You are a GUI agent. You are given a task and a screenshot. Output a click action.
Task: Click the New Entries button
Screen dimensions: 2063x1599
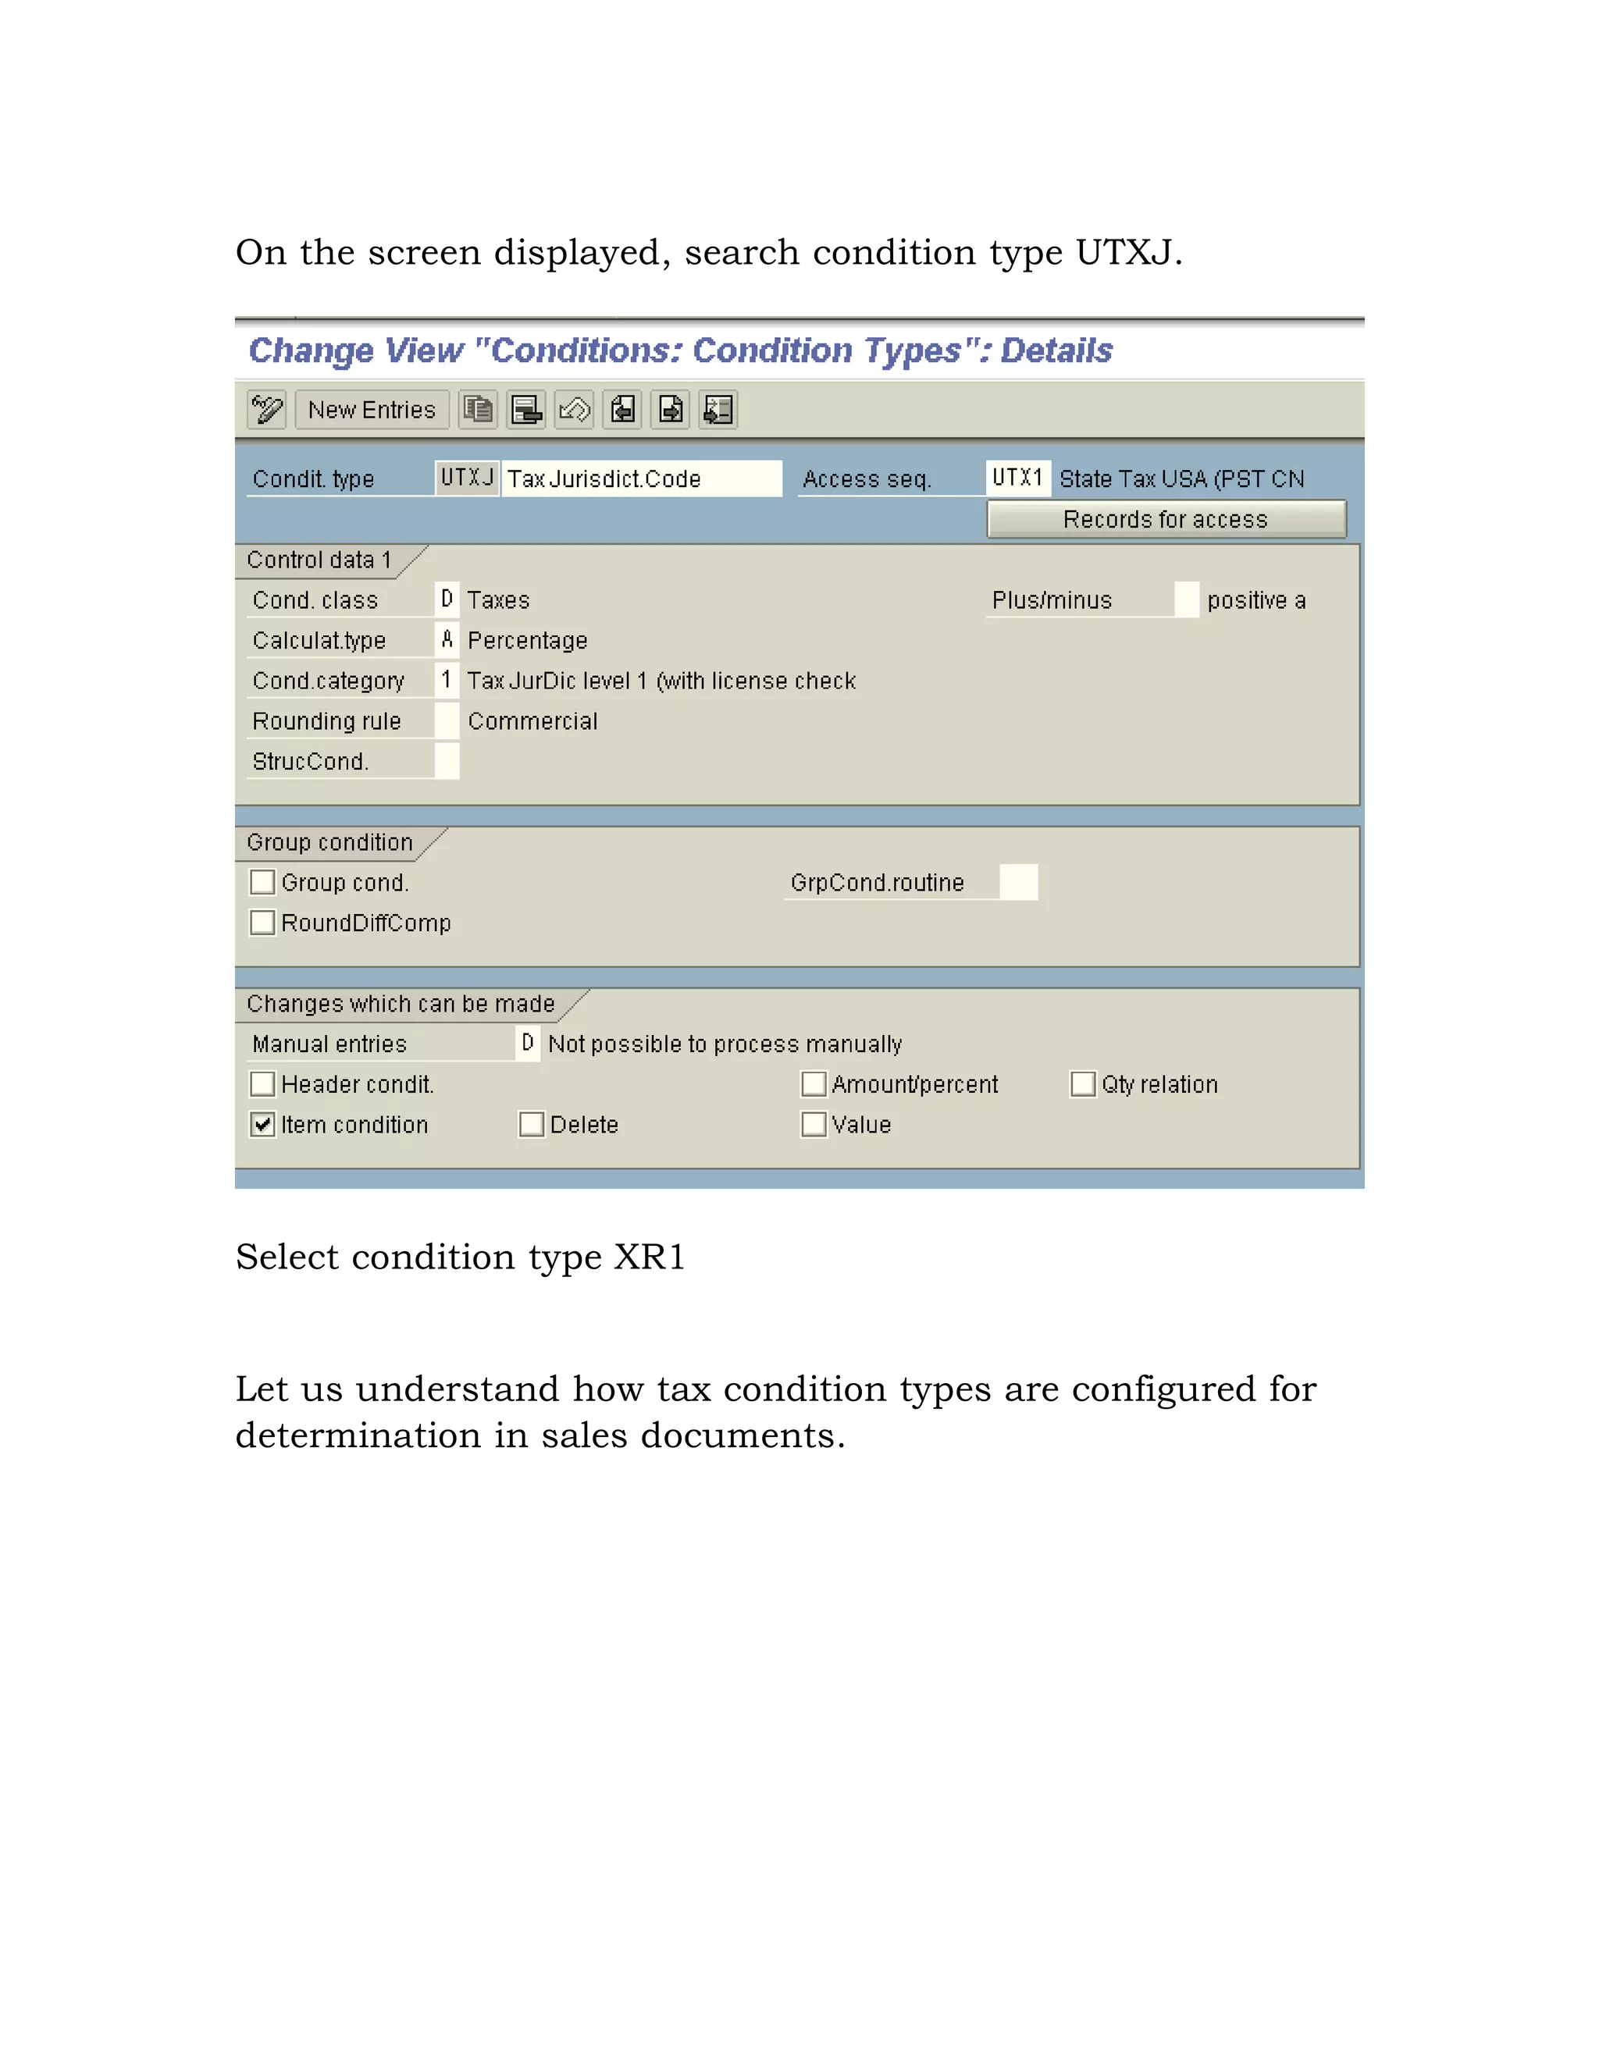coord(372,410)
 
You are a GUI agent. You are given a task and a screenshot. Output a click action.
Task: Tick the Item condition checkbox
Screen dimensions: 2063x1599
coord(262,1124)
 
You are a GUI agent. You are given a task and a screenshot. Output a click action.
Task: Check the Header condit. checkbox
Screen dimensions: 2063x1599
coord(262,1083)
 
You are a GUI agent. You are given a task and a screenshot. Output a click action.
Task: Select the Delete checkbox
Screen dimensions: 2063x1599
coord(532,1124)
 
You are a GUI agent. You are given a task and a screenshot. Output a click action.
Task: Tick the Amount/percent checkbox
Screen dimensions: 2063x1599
coord(814,1083)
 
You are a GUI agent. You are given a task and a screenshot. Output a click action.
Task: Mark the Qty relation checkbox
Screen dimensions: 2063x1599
coord(1083,1083)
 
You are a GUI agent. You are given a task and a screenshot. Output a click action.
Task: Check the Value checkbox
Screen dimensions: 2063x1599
coord(814,1124)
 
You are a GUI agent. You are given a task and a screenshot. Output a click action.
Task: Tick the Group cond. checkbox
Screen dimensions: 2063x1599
coord(262,882)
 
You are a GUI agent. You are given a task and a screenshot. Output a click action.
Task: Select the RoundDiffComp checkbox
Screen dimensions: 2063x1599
coord(262,923)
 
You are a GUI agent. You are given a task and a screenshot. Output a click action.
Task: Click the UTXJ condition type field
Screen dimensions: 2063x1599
coord(467,478)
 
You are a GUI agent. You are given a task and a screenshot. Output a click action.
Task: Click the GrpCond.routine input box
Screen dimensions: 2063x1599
coord(1018,882)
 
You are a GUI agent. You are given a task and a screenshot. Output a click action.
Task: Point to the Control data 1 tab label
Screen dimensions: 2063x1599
coord(319,560)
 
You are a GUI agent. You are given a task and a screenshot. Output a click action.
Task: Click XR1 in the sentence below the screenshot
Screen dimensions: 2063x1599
coord(650,1257)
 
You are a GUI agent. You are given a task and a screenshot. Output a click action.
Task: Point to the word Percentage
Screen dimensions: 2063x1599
coord(527,640)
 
